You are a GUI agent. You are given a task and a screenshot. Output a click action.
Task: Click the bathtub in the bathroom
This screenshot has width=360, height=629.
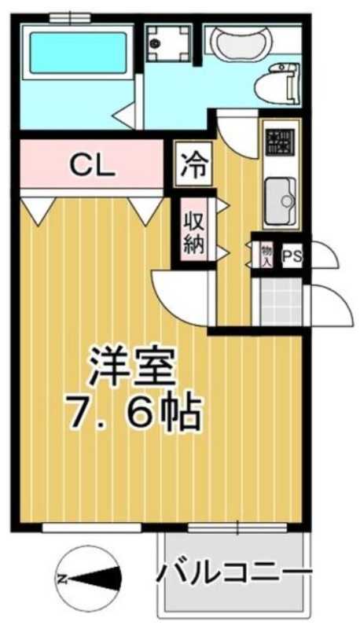tap(78, 53)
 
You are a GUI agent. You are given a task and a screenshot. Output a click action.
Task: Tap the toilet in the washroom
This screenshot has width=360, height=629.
tap(277, 83)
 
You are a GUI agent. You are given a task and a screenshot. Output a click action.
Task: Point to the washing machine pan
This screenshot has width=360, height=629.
tap(167, 42)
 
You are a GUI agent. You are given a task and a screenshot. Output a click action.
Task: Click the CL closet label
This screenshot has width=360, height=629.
tap(93, 165)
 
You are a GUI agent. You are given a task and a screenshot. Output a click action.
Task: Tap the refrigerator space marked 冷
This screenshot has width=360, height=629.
tap(193, 164)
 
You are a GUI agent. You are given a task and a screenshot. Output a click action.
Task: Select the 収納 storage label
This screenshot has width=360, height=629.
tap(194, 233)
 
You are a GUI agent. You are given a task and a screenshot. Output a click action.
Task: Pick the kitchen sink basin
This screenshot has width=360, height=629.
tap(281, 201)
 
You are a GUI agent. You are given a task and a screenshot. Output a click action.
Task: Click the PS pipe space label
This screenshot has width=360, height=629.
tap(292, 257)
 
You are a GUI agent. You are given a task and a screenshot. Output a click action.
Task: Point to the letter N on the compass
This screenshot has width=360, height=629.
tap(62, 579)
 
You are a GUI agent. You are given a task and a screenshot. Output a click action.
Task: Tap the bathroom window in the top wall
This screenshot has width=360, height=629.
tap(70, 17)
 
